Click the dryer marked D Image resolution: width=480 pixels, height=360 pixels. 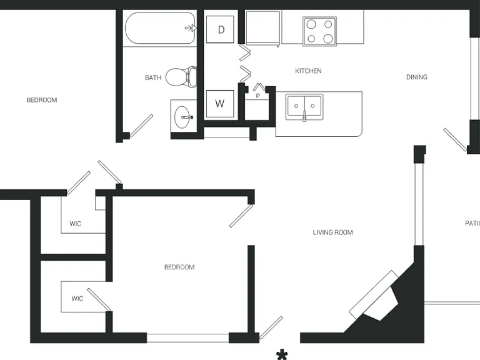[x=220, y=29]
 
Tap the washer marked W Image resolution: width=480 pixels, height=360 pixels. [x=220, y=104]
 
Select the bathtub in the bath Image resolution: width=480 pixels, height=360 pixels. [x=160, y=28]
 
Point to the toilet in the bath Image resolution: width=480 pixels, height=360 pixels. [x=181, y=77]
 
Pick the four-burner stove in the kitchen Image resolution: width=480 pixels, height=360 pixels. [x=319, y=31]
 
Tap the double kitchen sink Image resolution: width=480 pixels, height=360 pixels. [x=304, y=107]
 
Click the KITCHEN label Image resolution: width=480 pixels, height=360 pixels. [x=308, y=71]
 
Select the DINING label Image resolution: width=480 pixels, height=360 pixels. [x=417, y=77]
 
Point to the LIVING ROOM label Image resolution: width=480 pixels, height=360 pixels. [x=332, y=232]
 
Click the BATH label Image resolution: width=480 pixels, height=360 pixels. [x=153, y=77]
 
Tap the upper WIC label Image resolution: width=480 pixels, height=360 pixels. [x=75, y=224]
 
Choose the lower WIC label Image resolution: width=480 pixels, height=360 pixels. [x=77, y=299]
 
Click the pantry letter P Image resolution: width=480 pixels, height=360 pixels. [x=257, y=96]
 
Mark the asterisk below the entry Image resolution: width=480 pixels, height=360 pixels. [x=282, y=355]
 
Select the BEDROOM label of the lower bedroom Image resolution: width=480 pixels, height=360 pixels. [x=179, y=267]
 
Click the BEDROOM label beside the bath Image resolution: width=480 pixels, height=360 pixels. [x=42, y=100]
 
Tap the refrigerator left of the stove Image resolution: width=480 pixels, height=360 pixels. [x=262, y=27]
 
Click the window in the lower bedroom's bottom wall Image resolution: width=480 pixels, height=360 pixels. [x=187, y=338]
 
